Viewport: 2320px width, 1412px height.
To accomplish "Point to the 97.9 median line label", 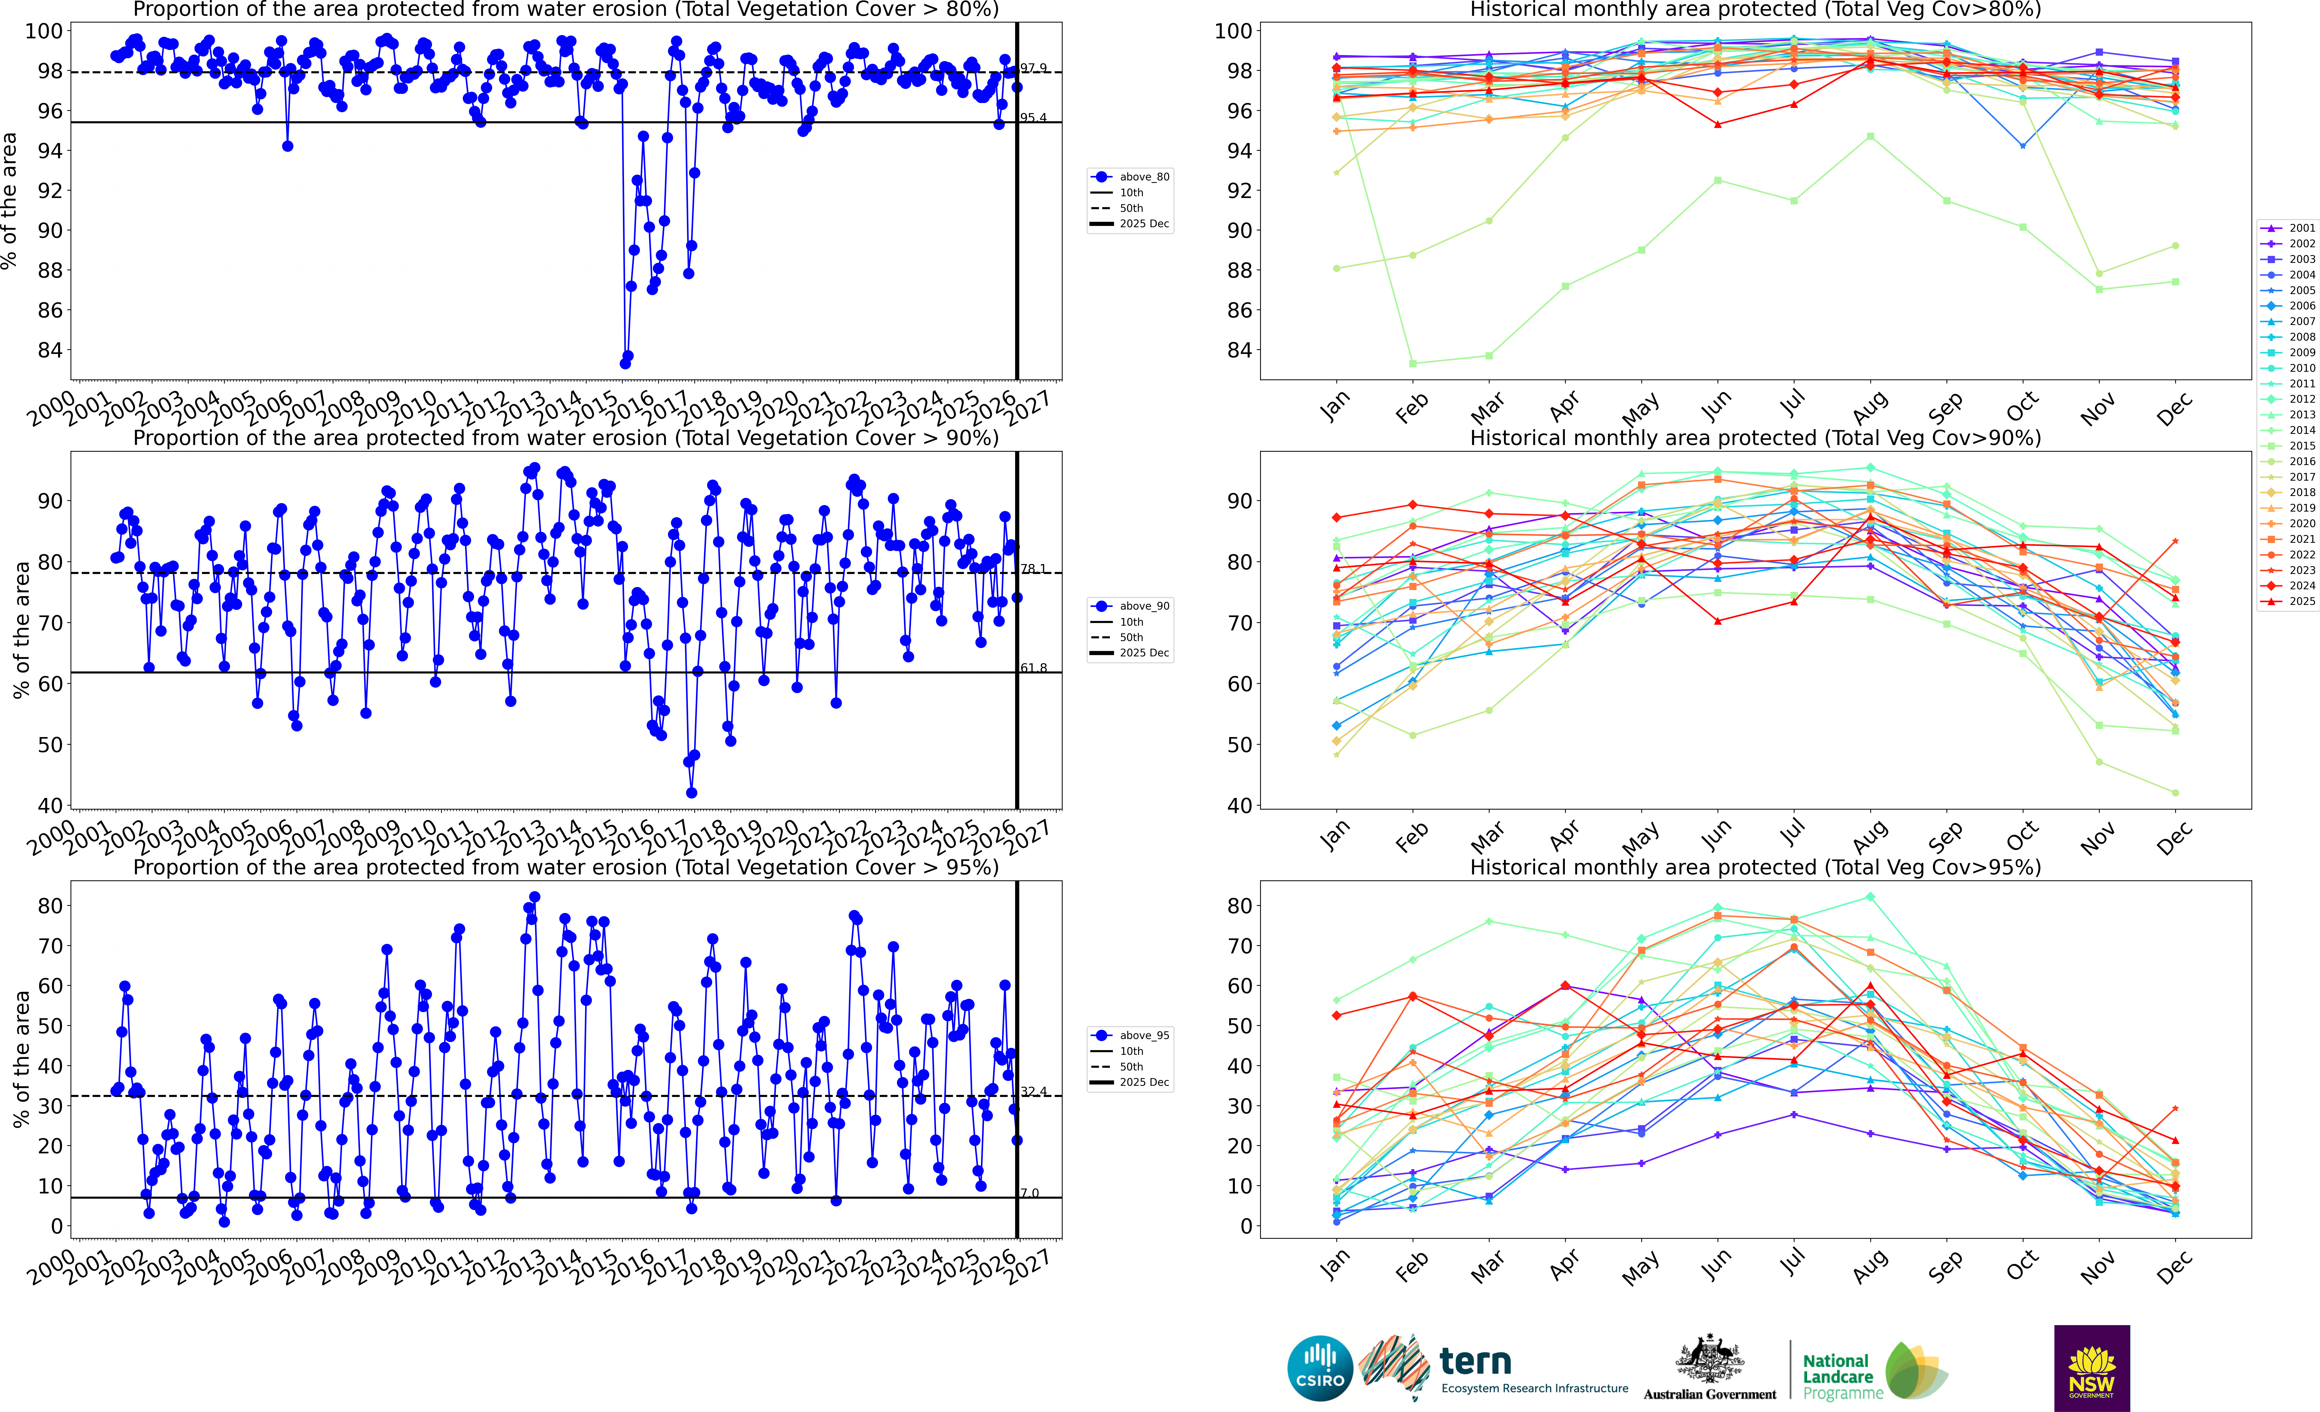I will [1034, 68].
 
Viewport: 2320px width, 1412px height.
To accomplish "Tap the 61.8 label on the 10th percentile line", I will [1034, 668].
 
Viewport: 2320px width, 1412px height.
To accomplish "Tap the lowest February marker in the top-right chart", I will [1412, 363].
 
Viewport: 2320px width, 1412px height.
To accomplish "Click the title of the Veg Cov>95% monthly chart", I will [1755, 867].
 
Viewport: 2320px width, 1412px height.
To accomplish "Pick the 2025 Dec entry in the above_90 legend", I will [1144, 652].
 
